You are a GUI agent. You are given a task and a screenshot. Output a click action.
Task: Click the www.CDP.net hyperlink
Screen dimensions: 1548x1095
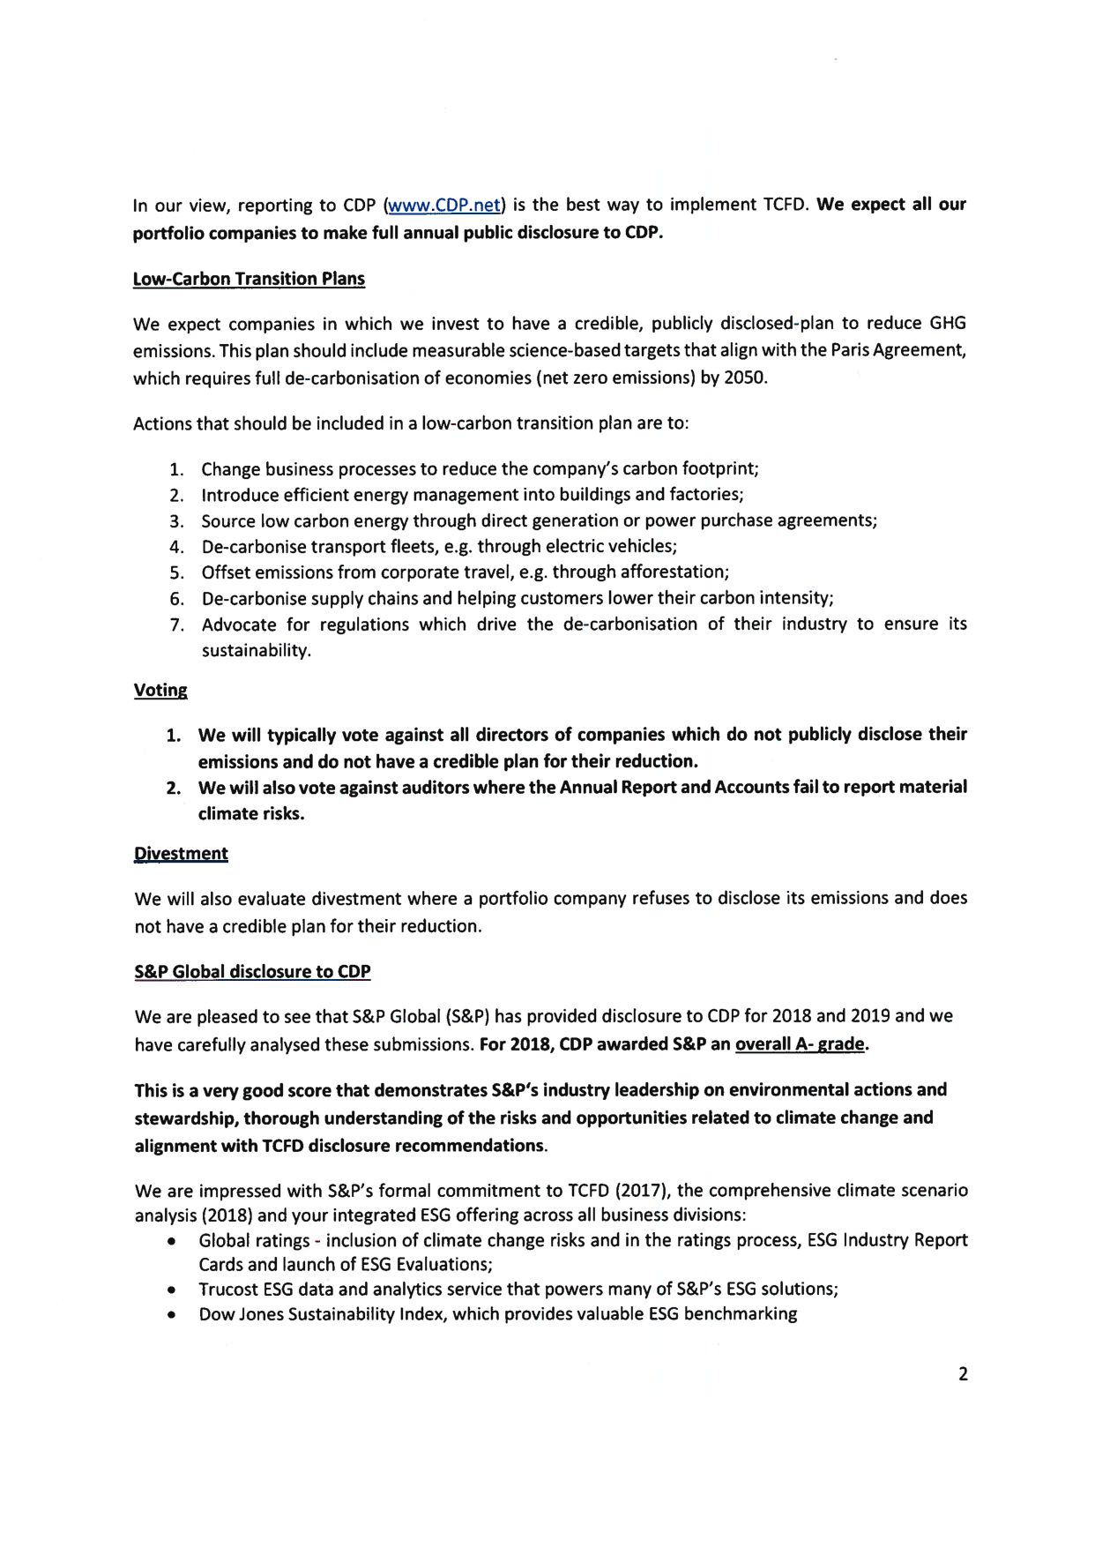444,206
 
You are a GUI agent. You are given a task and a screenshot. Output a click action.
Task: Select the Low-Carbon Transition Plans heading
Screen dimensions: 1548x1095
249,279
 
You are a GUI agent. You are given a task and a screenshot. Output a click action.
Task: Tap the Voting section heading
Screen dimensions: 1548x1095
160,690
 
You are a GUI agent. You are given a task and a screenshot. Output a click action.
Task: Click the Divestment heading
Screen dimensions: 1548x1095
181,853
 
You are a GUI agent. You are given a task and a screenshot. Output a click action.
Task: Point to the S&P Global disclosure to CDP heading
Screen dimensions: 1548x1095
252,971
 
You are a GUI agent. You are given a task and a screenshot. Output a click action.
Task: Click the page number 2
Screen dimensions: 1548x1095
963,1373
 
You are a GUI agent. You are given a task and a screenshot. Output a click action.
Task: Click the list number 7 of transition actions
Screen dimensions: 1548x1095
177,625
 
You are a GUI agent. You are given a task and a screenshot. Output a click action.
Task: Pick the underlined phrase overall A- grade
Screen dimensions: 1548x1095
800,1044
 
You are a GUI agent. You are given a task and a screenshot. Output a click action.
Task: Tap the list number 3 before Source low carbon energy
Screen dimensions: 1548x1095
176,521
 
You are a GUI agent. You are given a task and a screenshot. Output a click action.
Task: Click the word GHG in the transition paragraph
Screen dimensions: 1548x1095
948,323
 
